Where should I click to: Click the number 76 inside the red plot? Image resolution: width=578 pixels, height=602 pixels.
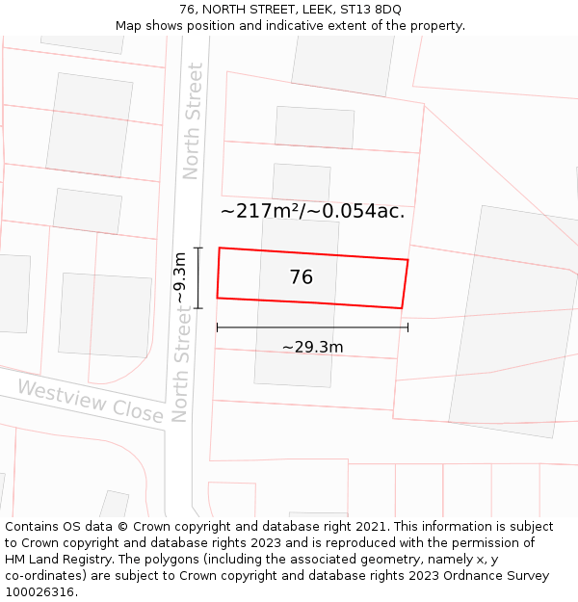pyautogui.click(x=301, y=277)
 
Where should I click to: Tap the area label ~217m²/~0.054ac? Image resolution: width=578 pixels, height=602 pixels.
pyautogui.click(x=312, y=211)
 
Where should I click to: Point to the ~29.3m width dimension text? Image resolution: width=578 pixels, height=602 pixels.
pyautogui.click(x=312, y=347)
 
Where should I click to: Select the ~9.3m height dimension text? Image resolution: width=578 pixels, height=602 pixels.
pyautogui.click(x=180, y=277)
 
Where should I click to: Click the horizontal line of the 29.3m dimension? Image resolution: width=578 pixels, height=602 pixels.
pyautogui.click(x=312, y=327)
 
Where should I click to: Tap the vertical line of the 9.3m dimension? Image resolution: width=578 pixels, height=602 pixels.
pyautogui.click(x=198, y=277)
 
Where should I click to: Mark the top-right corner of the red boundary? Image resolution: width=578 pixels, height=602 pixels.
pyautogui.click(x=407, y=260)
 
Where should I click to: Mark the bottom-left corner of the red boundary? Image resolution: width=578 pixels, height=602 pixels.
pyautogui.click(x=217, y=298)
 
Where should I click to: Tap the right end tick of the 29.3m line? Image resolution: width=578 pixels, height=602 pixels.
pyautogui.click(x=407, y=327)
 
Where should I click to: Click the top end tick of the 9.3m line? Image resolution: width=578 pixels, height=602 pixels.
pyautogui.click(x=198, y=249)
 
